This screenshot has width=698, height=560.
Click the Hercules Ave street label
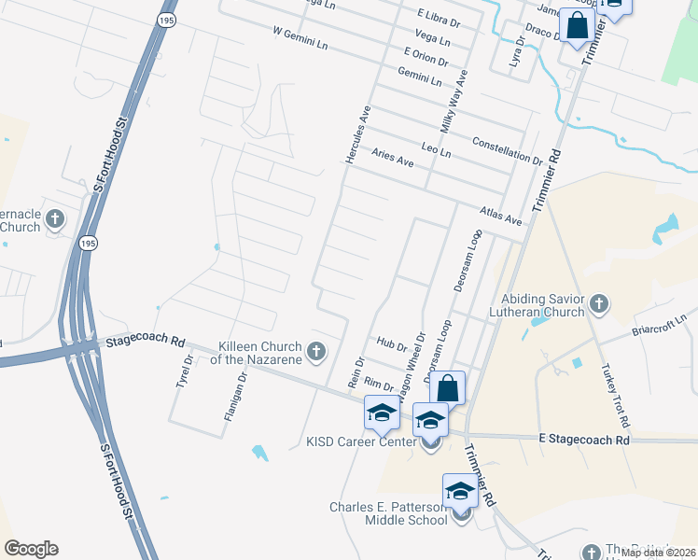tap(359, 135)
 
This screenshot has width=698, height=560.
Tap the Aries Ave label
tap(392, 158)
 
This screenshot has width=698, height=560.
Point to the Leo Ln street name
tap(436, 149)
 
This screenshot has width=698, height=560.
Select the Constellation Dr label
tap(508, 148)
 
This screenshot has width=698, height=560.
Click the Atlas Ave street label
tap(500, 217)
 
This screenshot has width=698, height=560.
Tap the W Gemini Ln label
tap(300, 37)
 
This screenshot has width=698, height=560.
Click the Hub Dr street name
tap(393, 345)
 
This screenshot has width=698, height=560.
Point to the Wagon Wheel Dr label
tap(412, 367)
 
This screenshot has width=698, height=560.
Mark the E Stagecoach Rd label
tap(584, 439)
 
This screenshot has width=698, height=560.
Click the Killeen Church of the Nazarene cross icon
tap(317, 352)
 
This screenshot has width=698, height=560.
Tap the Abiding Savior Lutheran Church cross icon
tap(599, 303)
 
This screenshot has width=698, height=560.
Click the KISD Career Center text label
tap(360, 441)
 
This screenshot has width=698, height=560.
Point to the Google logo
tap(31, 549)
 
